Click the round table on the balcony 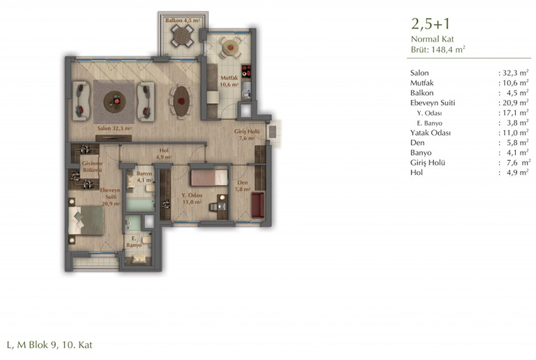(x=182, y=36)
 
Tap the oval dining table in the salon (x=181, y=101)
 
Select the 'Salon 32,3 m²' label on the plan (x=115, y=129)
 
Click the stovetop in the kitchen (x=246, y=71)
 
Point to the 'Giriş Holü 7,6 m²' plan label (x=247, y=135)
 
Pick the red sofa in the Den (x=258, y=204)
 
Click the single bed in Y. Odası (x=209, y=178)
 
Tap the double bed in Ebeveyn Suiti (x=86, y=220)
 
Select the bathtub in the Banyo (x=140, y=205)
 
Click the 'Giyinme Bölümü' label (x=92, y=167)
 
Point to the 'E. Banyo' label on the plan (x=133, y=242)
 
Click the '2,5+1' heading (x=431, y=24)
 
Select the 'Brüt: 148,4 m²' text (x=438, y=49)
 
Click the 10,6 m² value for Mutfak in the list (x=515, y=82)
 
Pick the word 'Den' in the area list (x=417, y=143)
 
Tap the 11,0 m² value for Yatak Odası (x=515, y=133)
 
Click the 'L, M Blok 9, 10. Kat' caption (x=50, y=345)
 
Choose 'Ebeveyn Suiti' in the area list (x=433, y=103)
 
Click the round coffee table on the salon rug (x=115, y=101)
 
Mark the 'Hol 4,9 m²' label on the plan (x=163, y=154)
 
